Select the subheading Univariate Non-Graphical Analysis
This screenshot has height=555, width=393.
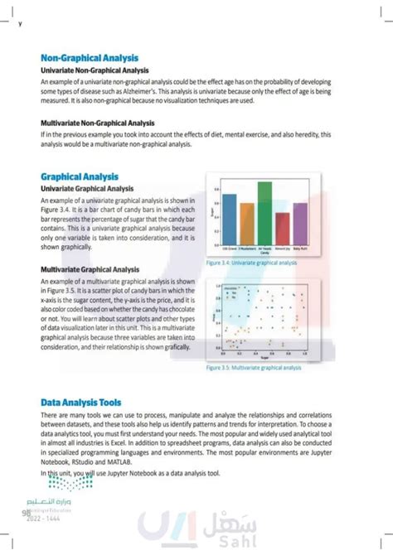[94, 72]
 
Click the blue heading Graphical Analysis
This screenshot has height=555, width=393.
[80, 177]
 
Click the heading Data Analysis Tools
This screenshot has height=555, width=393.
[88, 403]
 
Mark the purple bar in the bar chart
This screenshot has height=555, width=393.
[300, 221]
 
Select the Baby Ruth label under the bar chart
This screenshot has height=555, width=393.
[300, 248]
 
